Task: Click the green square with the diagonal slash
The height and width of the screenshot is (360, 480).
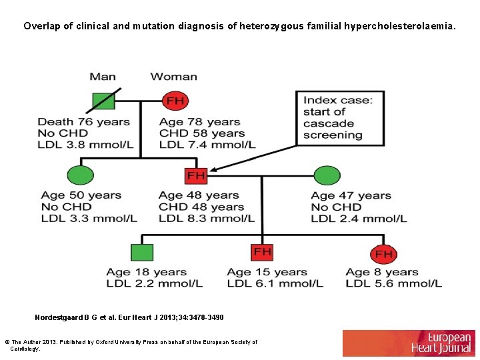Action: coord(103,101)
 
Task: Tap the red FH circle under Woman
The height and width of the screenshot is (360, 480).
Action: coord(175,101)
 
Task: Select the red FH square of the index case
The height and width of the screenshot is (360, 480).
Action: coord(196,175)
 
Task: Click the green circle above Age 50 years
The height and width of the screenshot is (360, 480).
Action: coord(81,175)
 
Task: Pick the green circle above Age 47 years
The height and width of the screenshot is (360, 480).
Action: coord(327,175)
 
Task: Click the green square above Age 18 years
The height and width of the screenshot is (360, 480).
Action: coord(142,252)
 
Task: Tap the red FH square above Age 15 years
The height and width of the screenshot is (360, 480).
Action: coord(262,251)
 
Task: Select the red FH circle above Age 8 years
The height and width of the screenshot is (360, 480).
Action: coord(383,253)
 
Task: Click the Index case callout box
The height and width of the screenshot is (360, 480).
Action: coord(340,118)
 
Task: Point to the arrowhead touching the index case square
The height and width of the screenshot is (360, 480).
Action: coord(213,171)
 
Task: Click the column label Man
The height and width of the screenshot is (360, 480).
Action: coord(103,77)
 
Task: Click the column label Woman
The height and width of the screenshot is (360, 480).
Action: coord(173,77)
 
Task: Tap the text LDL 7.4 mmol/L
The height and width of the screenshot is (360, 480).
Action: coord(207,145)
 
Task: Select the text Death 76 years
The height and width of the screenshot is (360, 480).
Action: coord(83,122)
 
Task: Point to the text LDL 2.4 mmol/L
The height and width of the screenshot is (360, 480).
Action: coord(358,218)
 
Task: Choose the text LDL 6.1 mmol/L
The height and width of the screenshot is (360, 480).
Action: coord(275,283)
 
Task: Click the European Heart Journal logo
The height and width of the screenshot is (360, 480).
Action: coord(409,343)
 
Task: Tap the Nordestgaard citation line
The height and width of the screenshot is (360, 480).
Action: coord(129,317)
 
